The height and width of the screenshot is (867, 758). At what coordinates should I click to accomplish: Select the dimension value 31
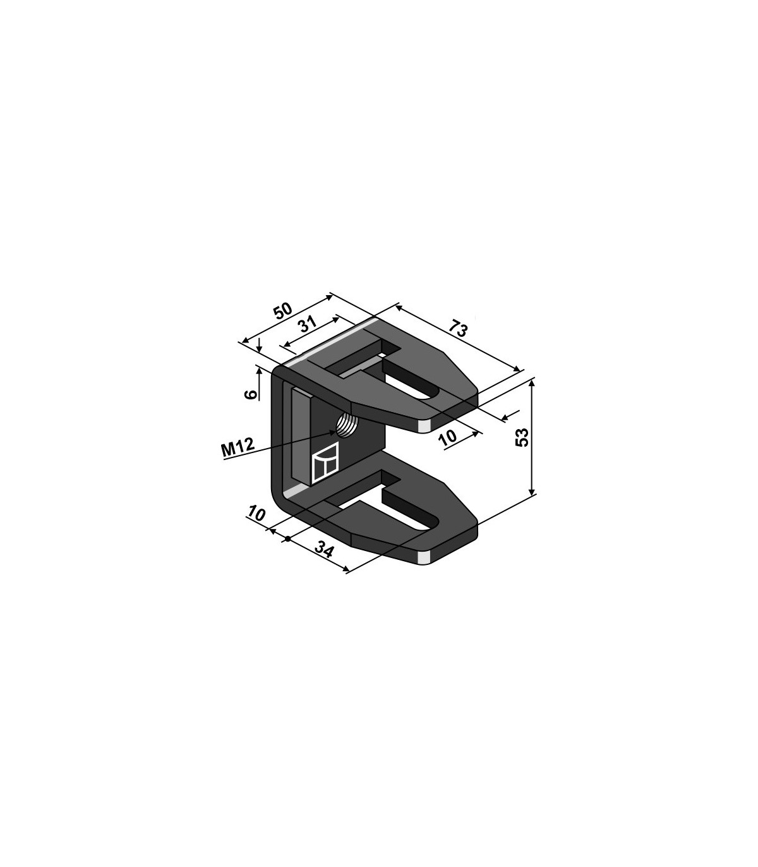click(x=308, y=324)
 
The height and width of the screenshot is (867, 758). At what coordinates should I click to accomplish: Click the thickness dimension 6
click(x=251, y=394)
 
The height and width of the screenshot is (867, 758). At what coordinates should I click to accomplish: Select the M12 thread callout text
click(x=238, y=447)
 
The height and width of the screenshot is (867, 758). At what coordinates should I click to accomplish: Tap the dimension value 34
click(x=325, y=551)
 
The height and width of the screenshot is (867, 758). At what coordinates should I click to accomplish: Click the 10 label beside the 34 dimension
click(x=256, y=514)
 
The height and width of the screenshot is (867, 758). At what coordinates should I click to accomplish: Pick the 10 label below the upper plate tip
click(x=448, y=437)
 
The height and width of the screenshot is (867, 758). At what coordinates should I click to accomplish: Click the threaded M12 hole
click(x=346, y=425)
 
